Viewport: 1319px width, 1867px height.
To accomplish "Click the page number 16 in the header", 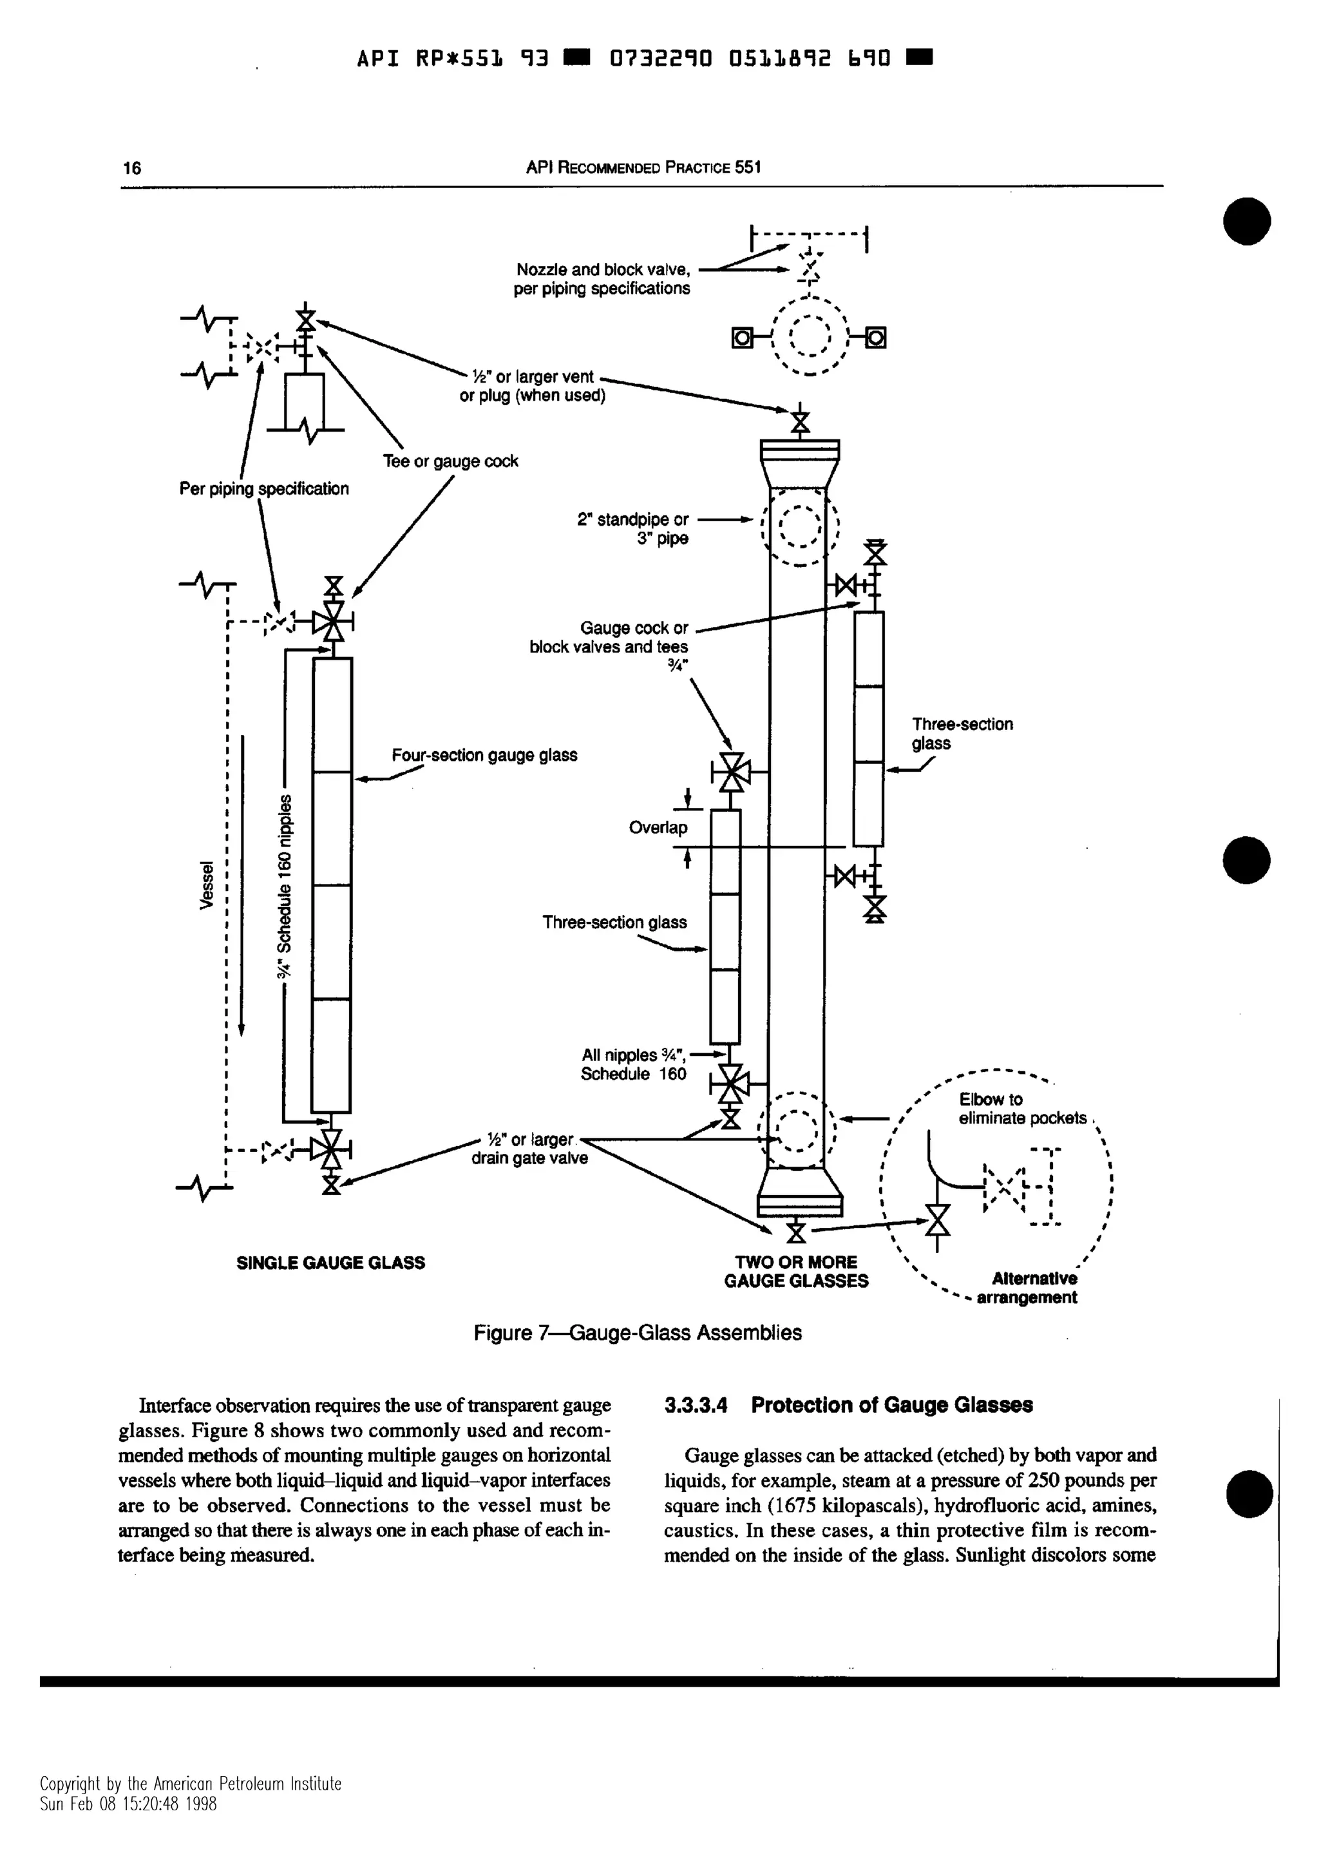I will pos(131,168).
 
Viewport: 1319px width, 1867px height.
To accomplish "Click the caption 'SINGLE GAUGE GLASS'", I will pos(330,1263).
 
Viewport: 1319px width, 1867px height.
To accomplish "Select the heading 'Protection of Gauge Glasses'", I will pos(891,1405).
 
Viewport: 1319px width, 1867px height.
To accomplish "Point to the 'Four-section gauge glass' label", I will pos(484,756).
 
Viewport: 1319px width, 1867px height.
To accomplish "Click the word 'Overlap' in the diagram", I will pos(658,828).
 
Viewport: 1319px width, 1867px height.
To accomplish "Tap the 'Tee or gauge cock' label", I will pos(450,462).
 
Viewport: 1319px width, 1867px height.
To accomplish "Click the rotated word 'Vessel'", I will pos(208,886).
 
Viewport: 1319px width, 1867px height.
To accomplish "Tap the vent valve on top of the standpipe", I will pos(801,422).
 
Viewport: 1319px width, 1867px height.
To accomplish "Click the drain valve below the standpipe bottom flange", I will pos(797,1232).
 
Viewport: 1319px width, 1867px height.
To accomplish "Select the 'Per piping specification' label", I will pos(263,489).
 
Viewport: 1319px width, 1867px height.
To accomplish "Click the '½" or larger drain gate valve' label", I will pos(530,1149).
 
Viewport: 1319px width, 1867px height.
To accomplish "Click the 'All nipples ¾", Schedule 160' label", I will pos(633,1064).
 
